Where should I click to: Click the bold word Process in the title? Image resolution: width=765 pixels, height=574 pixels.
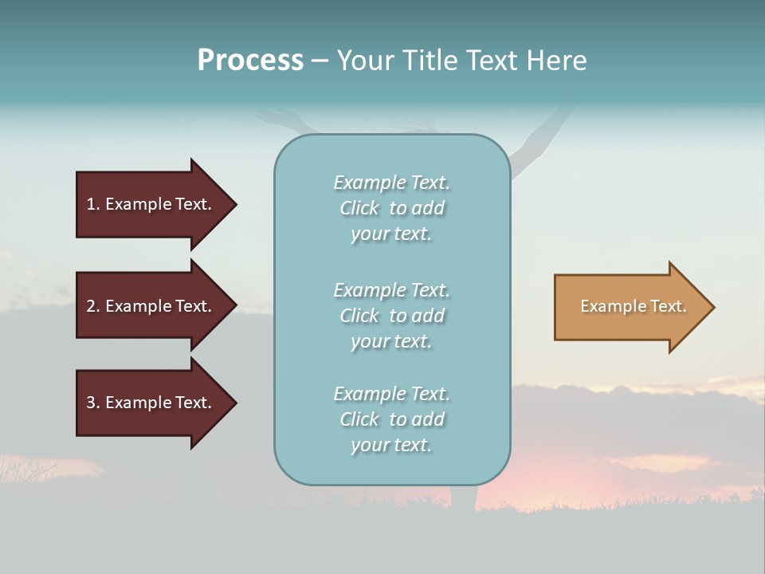[x=250, y=61]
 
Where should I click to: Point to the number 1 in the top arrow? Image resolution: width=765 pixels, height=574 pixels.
[x=91, y=204]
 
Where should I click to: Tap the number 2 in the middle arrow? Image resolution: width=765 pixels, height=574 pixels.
[x=91, y=306]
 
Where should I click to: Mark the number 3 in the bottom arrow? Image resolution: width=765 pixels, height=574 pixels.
[x=91, y=403]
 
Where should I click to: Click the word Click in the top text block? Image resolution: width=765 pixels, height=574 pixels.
[x=359, y=208]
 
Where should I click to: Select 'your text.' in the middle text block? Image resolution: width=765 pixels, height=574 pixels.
[x=391, y=341]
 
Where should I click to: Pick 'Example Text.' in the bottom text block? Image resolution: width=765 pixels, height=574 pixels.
[x=391, y=394]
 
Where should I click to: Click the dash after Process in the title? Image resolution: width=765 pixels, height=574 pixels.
[x=320, y=61]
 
